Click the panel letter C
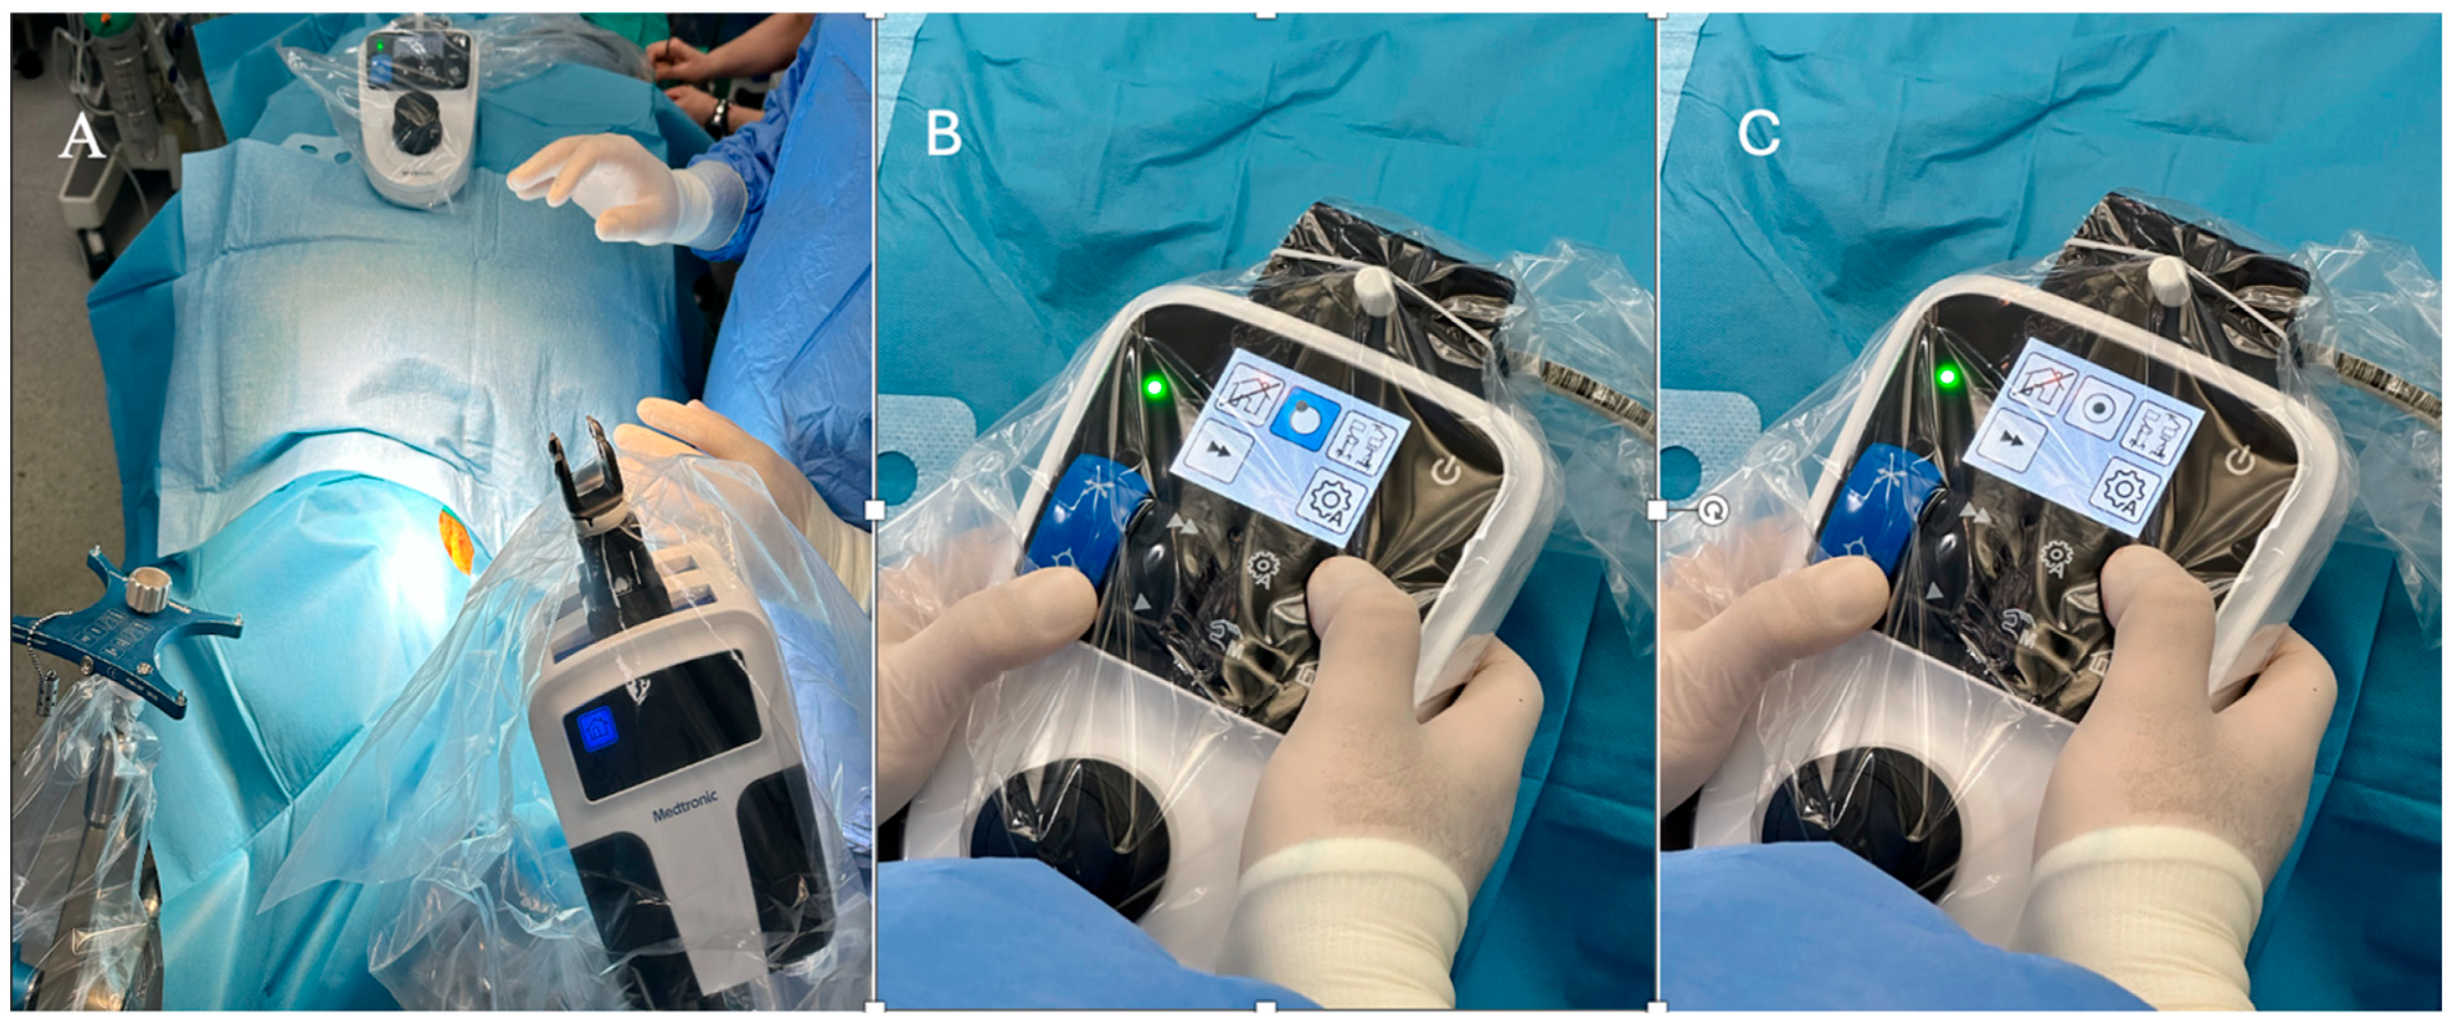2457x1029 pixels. click(x=1759, y=133)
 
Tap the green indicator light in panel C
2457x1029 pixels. click(x=1948, y=377)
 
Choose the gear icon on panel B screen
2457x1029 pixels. click(x=1334, y=503)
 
